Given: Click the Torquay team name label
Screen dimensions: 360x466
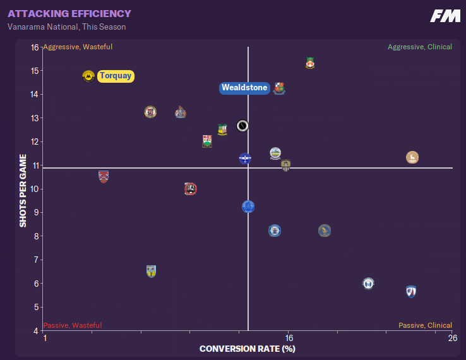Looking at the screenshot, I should [x=116, y=76].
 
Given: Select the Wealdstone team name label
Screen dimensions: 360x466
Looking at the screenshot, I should [x=244, y=88].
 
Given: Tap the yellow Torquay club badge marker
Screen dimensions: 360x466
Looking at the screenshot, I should [x=88, y=76].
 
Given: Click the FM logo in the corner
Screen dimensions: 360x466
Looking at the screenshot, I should [x=445, y=16].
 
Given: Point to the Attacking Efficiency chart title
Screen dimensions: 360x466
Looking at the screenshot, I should [x=69, y=14].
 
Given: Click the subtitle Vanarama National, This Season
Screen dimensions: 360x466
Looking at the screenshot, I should [x=66, y=27].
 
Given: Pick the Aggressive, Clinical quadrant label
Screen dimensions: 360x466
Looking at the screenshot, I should [x=419, y=47].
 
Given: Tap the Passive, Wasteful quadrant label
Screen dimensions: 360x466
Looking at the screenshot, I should [x=72, y=325].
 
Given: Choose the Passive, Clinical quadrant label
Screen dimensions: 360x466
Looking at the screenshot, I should [x=425, y=325].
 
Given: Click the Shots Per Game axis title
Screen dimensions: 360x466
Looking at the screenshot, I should [x=23, y=190].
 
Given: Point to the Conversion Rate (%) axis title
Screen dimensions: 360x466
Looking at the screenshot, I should [x=248, y=348].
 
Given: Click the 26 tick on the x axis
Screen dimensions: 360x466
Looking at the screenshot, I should [x=452, y=339].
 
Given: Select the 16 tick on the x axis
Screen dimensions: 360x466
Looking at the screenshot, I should [x=288, y=339].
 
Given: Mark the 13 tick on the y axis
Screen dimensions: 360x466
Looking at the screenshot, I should [x=35, y=118].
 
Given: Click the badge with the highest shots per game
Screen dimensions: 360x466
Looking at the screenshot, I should [x=310, y=63].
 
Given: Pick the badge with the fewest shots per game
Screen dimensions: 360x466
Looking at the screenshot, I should [x=411, y=291].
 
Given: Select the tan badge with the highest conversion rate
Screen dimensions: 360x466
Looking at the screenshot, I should [x=412, y=157].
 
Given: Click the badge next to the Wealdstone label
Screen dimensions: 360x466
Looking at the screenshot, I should [x=279, y=88].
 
